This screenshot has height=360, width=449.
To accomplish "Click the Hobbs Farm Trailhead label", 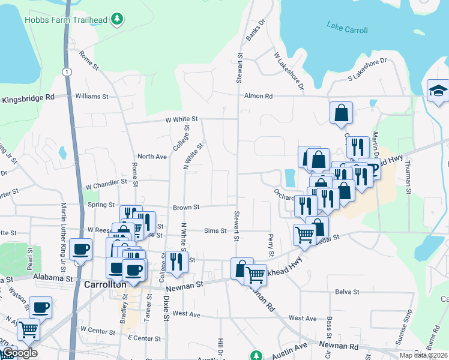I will click(66, 20).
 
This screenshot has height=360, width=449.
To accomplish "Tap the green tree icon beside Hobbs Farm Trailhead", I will click(118, 20).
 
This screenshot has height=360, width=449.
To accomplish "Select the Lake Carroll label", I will click(348, 27).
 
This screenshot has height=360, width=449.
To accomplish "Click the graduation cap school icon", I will click(438, 91).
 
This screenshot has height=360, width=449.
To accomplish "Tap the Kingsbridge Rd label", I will click(28, 97).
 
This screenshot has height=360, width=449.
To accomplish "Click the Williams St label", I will click(91, 96).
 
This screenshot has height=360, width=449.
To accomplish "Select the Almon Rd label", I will click(258, 96).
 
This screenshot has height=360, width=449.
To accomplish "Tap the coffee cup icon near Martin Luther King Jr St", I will click(80, 249).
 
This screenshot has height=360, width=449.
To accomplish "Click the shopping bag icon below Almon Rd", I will click(341, 113).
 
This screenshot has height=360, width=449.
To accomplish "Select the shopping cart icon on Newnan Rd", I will click(256, 275).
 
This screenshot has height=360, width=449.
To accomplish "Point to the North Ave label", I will click(152, 157).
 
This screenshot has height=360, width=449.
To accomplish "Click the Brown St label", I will click(186, 208).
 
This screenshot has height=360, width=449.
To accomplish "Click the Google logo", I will click(19, 353).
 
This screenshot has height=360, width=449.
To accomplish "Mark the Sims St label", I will click(215, 230).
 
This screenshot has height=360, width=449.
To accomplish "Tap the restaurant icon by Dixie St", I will click(176, 262).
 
